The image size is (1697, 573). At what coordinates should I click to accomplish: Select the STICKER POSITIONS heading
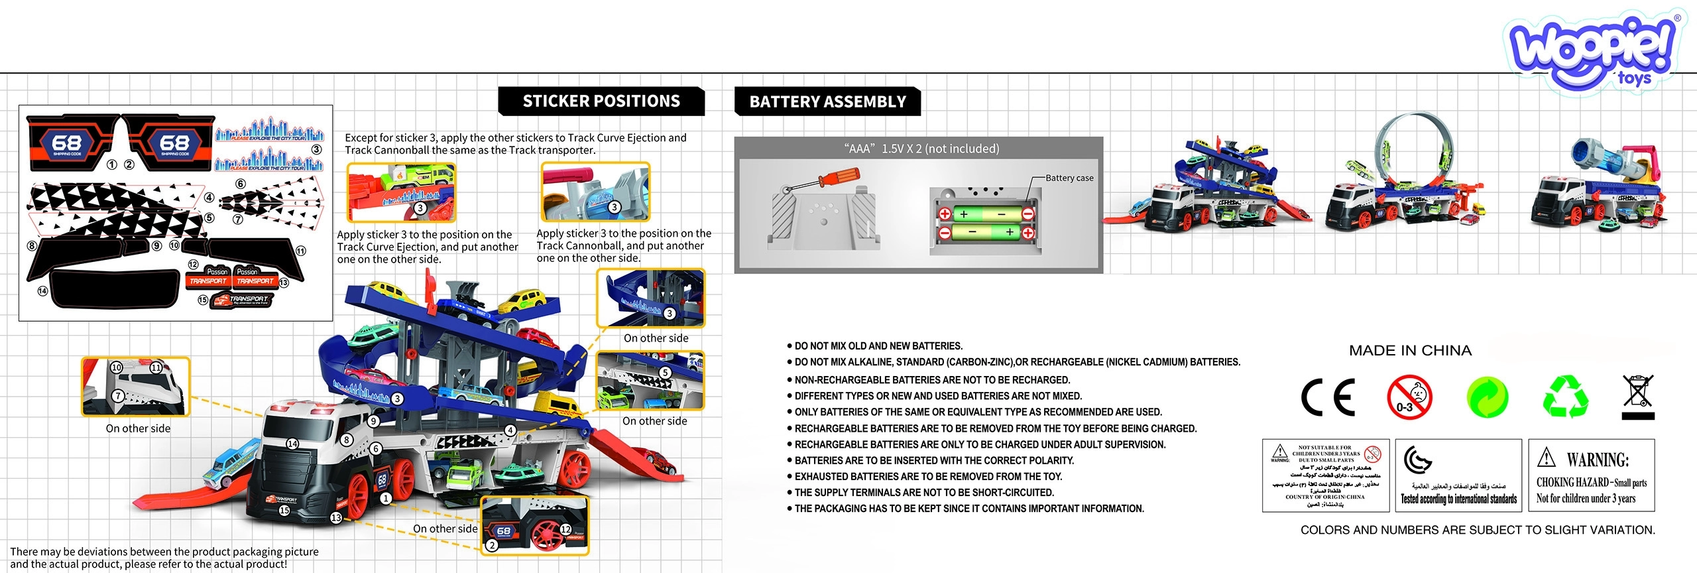point(601,101)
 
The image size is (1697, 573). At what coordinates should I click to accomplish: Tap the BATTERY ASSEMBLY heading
point(827,102)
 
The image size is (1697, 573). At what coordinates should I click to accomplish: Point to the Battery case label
point(1069,178)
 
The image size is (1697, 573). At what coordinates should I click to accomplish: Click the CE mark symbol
point(1328,397)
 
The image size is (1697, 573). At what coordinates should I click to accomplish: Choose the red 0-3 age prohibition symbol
point(1409,397)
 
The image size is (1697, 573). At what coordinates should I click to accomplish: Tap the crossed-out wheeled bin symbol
point(1638,397)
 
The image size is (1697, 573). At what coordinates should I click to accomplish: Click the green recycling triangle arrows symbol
point(1566,397)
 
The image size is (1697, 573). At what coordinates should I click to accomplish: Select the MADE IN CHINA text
point(1410,351)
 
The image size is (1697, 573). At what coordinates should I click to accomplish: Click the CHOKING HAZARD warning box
point(1591,475)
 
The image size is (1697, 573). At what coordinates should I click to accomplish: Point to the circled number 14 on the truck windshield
point(292,444)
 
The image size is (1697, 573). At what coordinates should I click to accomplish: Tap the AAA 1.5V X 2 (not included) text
point(921,149)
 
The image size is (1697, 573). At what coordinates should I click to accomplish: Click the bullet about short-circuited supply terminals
point(923,493)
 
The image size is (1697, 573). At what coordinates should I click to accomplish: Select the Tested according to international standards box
point(1458,475)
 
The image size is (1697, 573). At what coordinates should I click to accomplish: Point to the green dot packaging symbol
point(1488,397)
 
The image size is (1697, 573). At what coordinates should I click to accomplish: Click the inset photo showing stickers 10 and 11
point(136,387)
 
